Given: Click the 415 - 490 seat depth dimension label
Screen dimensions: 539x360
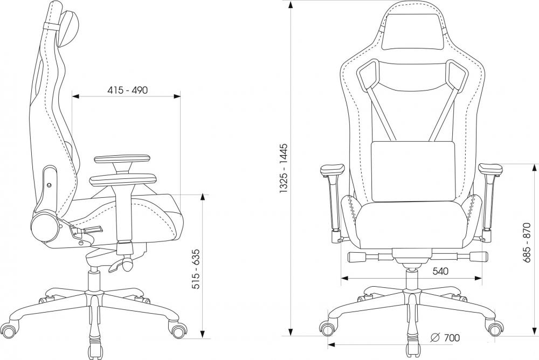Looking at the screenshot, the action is (x=128, y=90).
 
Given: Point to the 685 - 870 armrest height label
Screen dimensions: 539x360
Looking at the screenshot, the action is (x=527, y=243).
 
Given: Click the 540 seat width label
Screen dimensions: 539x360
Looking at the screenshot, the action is (x=440, y=271).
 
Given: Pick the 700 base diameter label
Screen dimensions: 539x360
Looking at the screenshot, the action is (x=451, y=338).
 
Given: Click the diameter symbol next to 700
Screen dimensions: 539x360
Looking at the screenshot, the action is (x=435, y=338).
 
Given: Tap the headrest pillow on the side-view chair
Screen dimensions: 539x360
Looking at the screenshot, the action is (x=70, y=28).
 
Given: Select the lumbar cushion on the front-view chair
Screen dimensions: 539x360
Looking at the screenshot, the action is (x=413, y=171).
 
